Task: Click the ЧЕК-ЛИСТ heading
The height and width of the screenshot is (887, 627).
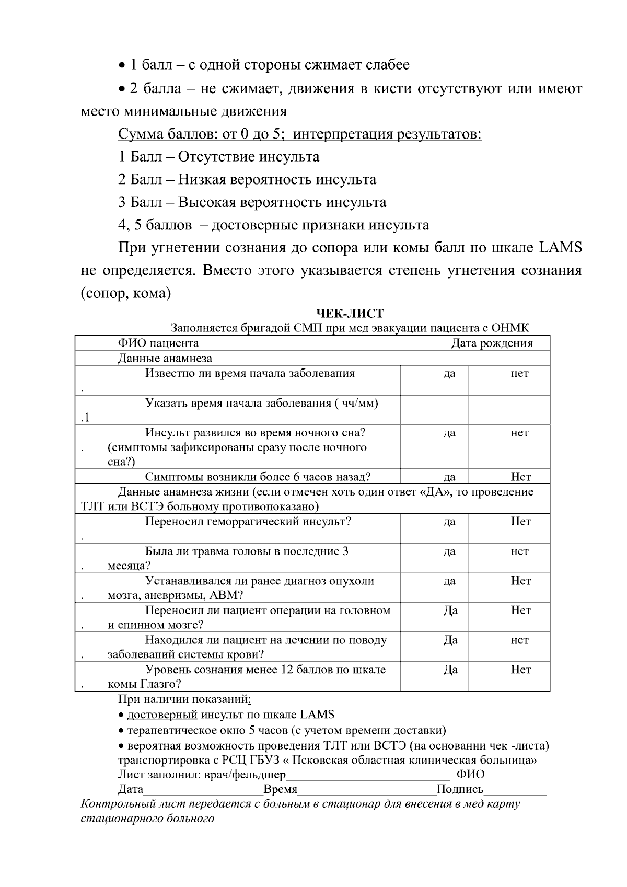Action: pos(350,314)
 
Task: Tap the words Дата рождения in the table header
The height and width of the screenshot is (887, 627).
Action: pos(492,343)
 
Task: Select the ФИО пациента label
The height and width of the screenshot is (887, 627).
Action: pos(158,343)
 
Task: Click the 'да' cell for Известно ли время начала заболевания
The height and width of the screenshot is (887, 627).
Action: pos(449,374)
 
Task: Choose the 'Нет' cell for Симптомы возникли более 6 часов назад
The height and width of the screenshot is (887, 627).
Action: pos(520,477)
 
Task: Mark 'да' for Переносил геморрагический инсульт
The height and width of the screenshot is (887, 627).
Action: pos(449,522)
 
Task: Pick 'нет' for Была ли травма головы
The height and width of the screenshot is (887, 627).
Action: pos(519,551)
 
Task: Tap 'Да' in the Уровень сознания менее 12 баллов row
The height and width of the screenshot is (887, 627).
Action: pos(450,670)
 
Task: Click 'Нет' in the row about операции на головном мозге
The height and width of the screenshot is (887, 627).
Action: pos(520,610)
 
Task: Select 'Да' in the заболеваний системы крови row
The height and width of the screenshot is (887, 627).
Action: pos(450,640)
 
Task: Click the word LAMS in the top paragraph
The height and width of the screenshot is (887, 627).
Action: pos(559,248)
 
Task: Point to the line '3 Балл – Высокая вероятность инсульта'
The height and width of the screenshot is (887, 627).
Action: pos(252,202)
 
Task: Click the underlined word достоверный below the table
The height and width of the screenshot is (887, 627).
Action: pos(162,715)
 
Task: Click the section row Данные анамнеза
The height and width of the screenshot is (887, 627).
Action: pos(165,359)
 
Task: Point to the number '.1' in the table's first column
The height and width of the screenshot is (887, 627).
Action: pos(86,418)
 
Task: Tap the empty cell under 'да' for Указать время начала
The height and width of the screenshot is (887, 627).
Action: pos(434,410)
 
